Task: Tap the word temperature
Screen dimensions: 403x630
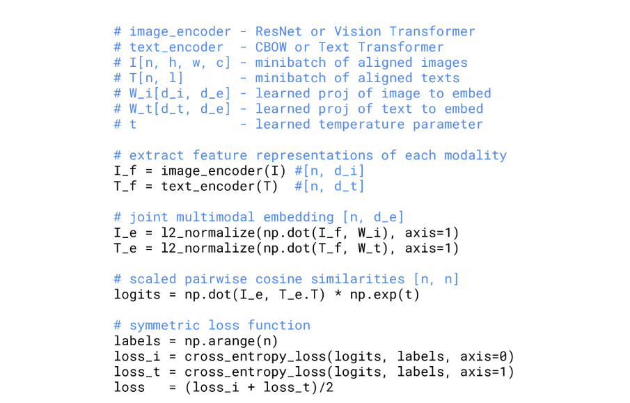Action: (361, 125)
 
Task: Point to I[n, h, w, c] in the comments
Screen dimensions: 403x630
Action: (180, 63)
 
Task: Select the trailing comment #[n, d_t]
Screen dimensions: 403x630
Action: (330, 187)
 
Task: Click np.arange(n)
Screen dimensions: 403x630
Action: (231, 341)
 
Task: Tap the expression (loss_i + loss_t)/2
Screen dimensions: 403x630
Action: (259, 387)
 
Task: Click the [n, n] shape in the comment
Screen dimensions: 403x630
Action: (436, 279)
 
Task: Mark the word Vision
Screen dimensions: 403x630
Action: (357, 31)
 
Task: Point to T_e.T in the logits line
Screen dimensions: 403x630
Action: (310, 294)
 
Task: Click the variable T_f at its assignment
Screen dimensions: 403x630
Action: (125, 187)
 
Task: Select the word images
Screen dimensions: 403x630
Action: (444, 63)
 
